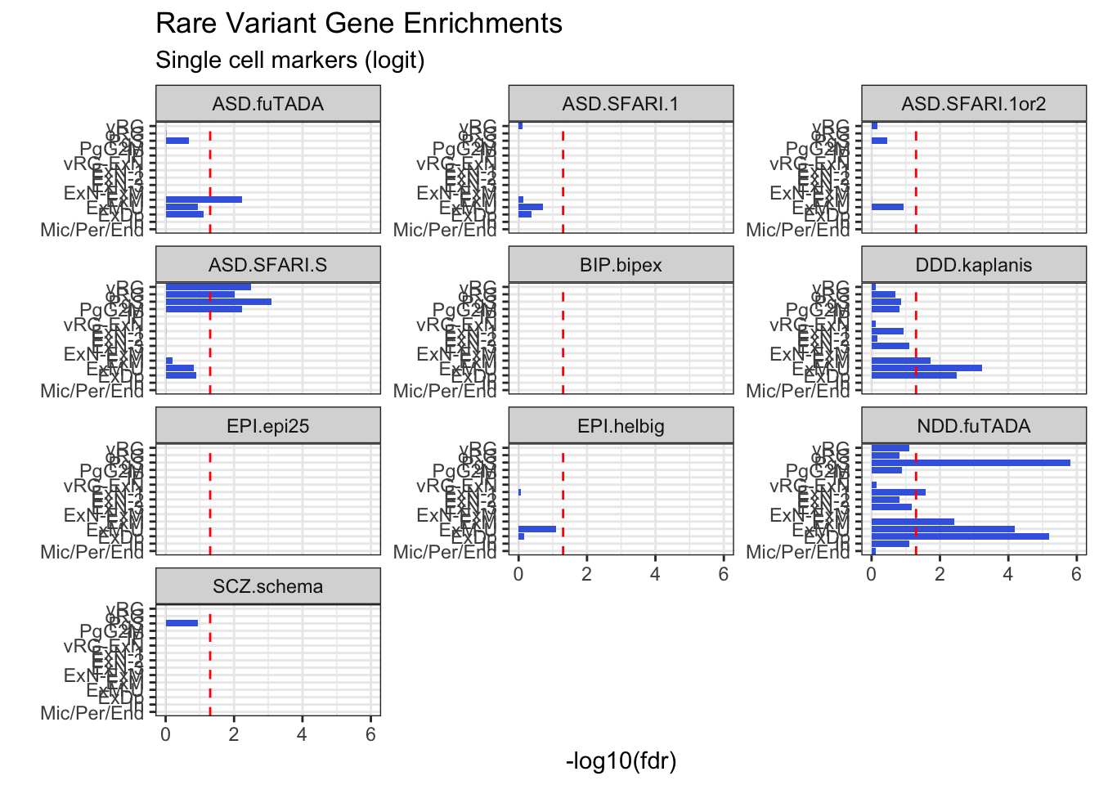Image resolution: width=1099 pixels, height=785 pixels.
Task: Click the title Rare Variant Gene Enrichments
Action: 358,24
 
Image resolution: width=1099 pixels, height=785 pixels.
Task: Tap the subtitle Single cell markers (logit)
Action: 289,61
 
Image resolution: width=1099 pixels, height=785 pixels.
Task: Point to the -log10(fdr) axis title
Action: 621,761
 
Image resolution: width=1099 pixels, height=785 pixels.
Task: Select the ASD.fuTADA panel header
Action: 267,104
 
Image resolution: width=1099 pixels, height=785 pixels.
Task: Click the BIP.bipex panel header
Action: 621,265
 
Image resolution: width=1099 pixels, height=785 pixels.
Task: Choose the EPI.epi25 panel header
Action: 267,426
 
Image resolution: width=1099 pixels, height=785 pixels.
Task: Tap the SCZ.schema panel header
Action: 267,586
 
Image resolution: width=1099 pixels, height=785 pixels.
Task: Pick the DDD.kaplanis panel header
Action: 973,265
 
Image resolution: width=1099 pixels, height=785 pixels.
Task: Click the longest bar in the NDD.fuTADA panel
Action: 971,463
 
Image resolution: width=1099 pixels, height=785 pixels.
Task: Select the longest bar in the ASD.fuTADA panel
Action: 204,200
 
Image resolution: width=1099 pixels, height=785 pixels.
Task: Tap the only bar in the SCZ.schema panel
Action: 182,623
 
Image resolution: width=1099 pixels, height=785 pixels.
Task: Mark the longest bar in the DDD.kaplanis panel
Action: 926,368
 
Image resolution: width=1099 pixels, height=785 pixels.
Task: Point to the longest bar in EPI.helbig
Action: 537,529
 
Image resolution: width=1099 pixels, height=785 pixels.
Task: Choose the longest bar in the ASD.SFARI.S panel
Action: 218,302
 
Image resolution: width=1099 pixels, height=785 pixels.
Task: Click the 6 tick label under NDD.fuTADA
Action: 1076,574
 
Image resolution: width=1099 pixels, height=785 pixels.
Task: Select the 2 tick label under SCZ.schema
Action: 234,734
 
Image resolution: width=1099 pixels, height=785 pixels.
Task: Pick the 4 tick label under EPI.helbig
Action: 655,574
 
